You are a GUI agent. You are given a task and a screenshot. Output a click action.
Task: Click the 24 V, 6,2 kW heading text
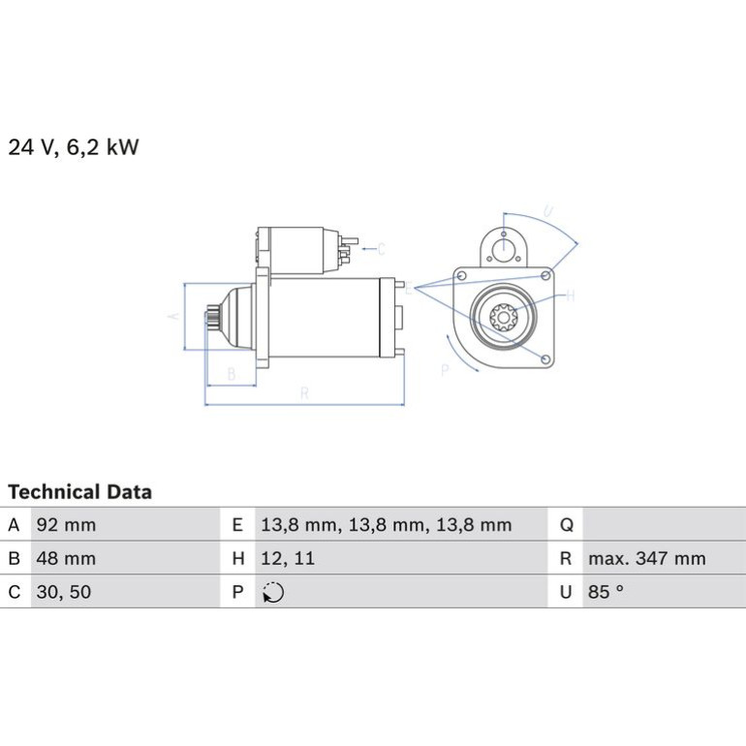coord(74,147)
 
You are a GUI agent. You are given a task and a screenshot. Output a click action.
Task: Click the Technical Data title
coord(79,492)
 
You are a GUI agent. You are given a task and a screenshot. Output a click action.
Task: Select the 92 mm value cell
coord(66,525)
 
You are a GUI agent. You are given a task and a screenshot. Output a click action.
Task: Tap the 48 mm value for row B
coord(66,558)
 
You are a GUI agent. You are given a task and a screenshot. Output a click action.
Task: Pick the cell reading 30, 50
coord(64,592)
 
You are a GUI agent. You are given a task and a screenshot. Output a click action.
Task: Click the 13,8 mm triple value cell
coord(387,525)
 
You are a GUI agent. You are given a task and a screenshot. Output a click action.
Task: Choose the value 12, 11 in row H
coord(288,559)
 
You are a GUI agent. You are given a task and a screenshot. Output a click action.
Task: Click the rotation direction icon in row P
coord(273,592)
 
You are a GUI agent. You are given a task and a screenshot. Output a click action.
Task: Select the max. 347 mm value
coord(647,559)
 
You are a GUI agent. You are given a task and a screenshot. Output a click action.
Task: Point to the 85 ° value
coord(606,592)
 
